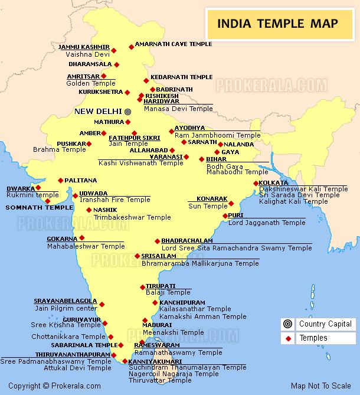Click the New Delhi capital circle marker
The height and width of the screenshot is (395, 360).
127,111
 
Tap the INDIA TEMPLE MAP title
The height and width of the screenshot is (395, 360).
278,24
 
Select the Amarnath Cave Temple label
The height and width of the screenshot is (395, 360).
173,44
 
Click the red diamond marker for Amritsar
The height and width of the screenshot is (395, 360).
104,76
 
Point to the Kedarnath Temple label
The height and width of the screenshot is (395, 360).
181,77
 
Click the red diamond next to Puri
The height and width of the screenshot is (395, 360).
224,216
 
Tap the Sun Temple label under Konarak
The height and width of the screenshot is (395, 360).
207,206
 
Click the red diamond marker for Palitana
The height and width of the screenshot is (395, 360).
60,181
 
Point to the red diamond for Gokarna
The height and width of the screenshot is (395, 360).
82,238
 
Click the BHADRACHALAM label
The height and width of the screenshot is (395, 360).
186,241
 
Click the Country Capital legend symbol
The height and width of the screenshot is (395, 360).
288,324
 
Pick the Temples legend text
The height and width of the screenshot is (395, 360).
313,338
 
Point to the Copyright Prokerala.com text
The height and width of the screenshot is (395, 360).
47,386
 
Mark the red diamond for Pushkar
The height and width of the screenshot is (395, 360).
89,143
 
